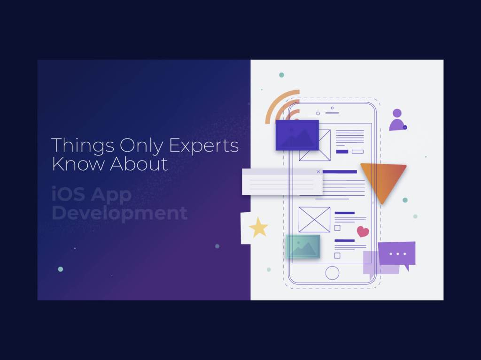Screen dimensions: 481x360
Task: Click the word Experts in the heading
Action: click(x=203, y=146)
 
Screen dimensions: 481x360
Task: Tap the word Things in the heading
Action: click(x=83, y=146)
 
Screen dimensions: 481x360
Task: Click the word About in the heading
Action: click(x=139, y=164)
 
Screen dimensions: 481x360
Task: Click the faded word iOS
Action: click(x=68, y=194)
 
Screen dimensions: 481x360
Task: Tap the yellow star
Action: click(x=258, y=228)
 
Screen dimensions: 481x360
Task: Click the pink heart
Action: click(x=363, y=231)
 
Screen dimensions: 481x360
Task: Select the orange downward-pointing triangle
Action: click(x=383, y=181)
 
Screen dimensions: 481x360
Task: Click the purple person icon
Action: click(x=398, y=120)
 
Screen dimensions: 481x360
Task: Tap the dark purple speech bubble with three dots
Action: click(x=397, y=254)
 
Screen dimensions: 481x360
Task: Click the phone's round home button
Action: click(x=332, y=273)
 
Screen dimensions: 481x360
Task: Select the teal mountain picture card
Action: click(x=303, y=246)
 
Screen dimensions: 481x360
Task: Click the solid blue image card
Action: click(x=297, y=135)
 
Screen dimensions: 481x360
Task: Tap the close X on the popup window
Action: click(x=318, y=172)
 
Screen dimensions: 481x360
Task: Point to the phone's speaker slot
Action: click(x=332, y=113)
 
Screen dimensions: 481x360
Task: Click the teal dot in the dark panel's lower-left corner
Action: click(x=61, y=269)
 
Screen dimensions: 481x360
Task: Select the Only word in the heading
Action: click(x=141, y=146)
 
